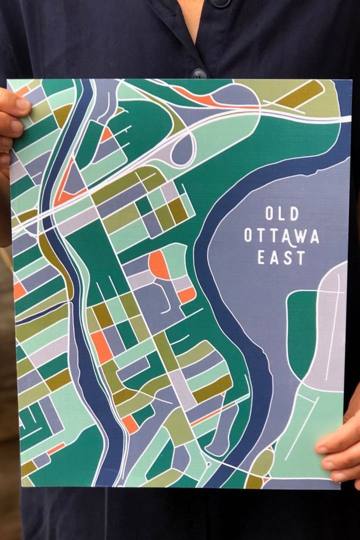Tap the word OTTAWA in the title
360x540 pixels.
(x=281, y=236)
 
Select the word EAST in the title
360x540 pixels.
(x=281, y=257)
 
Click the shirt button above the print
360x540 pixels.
(x=198, y=73)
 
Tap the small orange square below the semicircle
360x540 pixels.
(x=186, y=295)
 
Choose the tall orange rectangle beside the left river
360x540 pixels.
(x=101, y=347)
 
